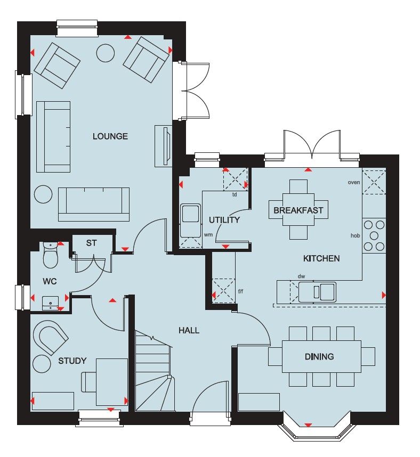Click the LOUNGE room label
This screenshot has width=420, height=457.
click(110, 136)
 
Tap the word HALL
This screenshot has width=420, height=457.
click(189, 330)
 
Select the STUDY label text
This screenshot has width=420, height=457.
click(72, 361)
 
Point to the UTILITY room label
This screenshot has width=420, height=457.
click(224, 220)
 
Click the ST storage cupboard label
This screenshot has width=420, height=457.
click(91, 243)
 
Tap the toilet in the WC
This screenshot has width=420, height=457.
click(51, 255)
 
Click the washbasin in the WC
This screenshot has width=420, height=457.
click(50, 303)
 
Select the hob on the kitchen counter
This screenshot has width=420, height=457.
click(374, 235)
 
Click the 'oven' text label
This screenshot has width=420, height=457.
click(354, 183)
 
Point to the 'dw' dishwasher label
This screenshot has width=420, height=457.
click(301, 276)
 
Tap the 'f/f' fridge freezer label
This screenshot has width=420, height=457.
click(240, 291)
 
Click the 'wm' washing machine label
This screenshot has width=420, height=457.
click(208, 234)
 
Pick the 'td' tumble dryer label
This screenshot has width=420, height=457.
click(235, 195)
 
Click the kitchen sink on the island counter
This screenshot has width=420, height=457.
click(317, 292)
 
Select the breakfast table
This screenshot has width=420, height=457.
click(298, 210)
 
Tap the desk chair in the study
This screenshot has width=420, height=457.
click(88, 382)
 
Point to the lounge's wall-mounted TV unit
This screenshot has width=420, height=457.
click(163, 146)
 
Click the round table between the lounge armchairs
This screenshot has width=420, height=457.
click(106, 53)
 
